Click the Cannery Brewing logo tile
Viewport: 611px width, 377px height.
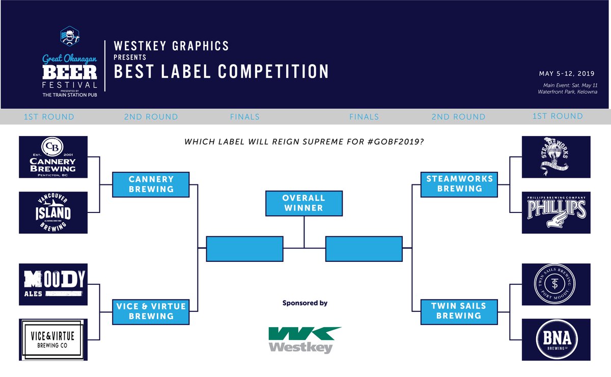(53, 157)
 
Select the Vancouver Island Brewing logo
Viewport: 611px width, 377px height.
(53, 213)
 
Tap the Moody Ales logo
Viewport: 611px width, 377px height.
(53, 284)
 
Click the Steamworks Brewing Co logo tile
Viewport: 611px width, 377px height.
(556, 157)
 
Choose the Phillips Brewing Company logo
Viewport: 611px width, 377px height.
(556, 213)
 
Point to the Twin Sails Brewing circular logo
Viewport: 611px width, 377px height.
(556, 284)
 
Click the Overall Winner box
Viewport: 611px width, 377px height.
(303, 203)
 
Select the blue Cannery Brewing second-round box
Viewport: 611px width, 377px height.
(151, 184)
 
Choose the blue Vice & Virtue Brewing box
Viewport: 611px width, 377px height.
(151, 311)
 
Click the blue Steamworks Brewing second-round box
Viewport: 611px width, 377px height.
(458, 184)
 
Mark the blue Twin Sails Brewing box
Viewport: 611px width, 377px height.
(458, 311)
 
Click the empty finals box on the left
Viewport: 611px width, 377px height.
(244, 249)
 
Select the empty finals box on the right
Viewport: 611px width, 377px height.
(364, 249)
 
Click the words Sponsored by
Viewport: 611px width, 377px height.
(304, 303)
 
